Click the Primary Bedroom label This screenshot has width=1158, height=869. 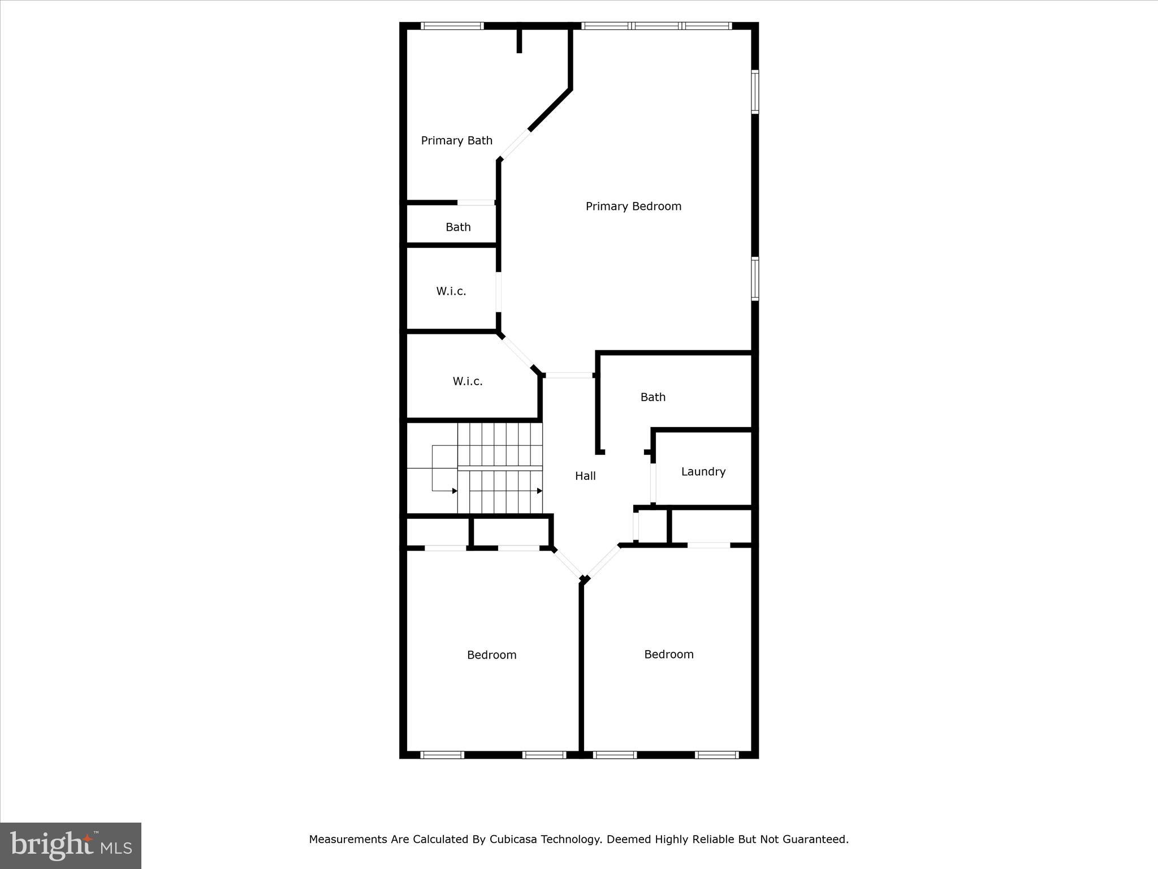tap(633, 207)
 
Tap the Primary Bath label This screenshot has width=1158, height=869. tap(456, 140)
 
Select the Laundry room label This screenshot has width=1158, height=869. tap(703, 471)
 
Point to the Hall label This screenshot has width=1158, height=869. tap(585, 476)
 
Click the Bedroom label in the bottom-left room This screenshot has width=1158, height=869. tap(491, 655)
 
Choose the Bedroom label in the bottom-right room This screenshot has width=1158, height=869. tap(668, 654)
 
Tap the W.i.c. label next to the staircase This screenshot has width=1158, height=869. tap(467, 381)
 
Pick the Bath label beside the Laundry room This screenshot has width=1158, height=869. tap(653, 397)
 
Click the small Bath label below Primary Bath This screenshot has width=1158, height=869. tap(457, 227)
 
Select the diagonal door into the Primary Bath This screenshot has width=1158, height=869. tap(515, 145)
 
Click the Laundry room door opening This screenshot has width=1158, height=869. tap(653, 483)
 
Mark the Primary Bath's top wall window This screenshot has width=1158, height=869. tap(452, 25)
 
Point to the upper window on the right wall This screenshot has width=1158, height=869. tap(755, 92)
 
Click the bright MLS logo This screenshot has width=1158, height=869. tap(71, 846)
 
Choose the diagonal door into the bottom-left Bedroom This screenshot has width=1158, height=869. tap(567, 563)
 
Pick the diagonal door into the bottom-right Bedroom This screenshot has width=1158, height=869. tap(603, 561)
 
